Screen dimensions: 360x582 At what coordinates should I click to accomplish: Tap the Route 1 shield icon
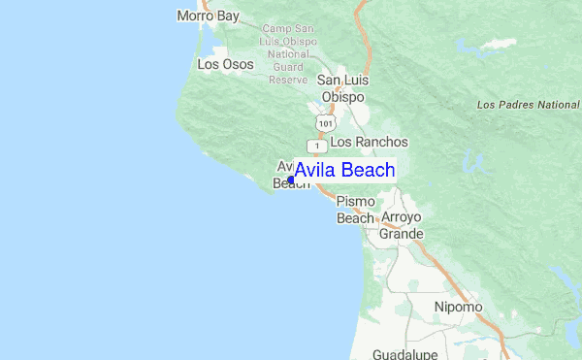[x=316, y=144]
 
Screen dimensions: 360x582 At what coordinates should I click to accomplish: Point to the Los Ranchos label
[x=369, y=142]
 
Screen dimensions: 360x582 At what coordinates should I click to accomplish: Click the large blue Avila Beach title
[x=344, y=171]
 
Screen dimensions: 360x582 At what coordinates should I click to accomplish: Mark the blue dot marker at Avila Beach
[x=291, y=180]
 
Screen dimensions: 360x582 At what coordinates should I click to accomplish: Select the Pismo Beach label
[x=355, y=210]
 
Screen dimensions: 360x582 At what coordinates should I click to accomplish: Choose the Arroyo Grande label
[x=403, y=224]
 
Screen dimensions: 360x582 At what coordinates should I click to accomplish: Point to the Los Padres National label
[x=529, y=104]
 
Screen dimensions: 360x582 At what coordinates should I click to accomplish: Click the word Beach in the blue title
[x=369, y=171]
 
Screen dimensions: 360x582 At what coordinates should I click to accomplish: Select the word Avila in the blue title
[x=316, y=171]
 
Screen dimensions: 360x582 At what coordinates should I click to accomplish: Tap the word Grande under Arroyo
[x=402, y=234]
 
